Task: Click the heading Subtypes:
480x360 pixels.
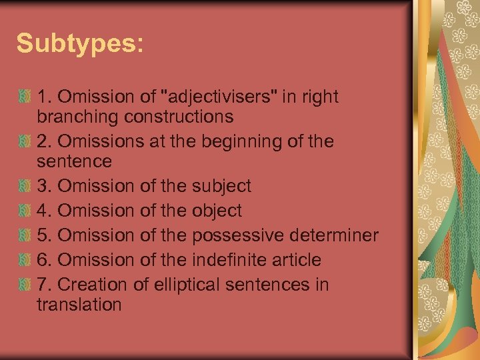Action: (x=79, y=43)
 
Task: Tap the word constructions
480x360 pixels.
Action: (x=179, y=117)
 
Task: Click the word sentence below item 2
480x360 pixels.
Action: (x=74, y=161)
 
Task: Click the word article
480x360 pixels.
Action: (x=296, y=260)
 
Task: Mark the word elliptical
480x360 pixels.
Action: (x=191, y=285)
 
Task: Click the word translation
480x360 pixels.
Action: (x=79, y=305)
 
